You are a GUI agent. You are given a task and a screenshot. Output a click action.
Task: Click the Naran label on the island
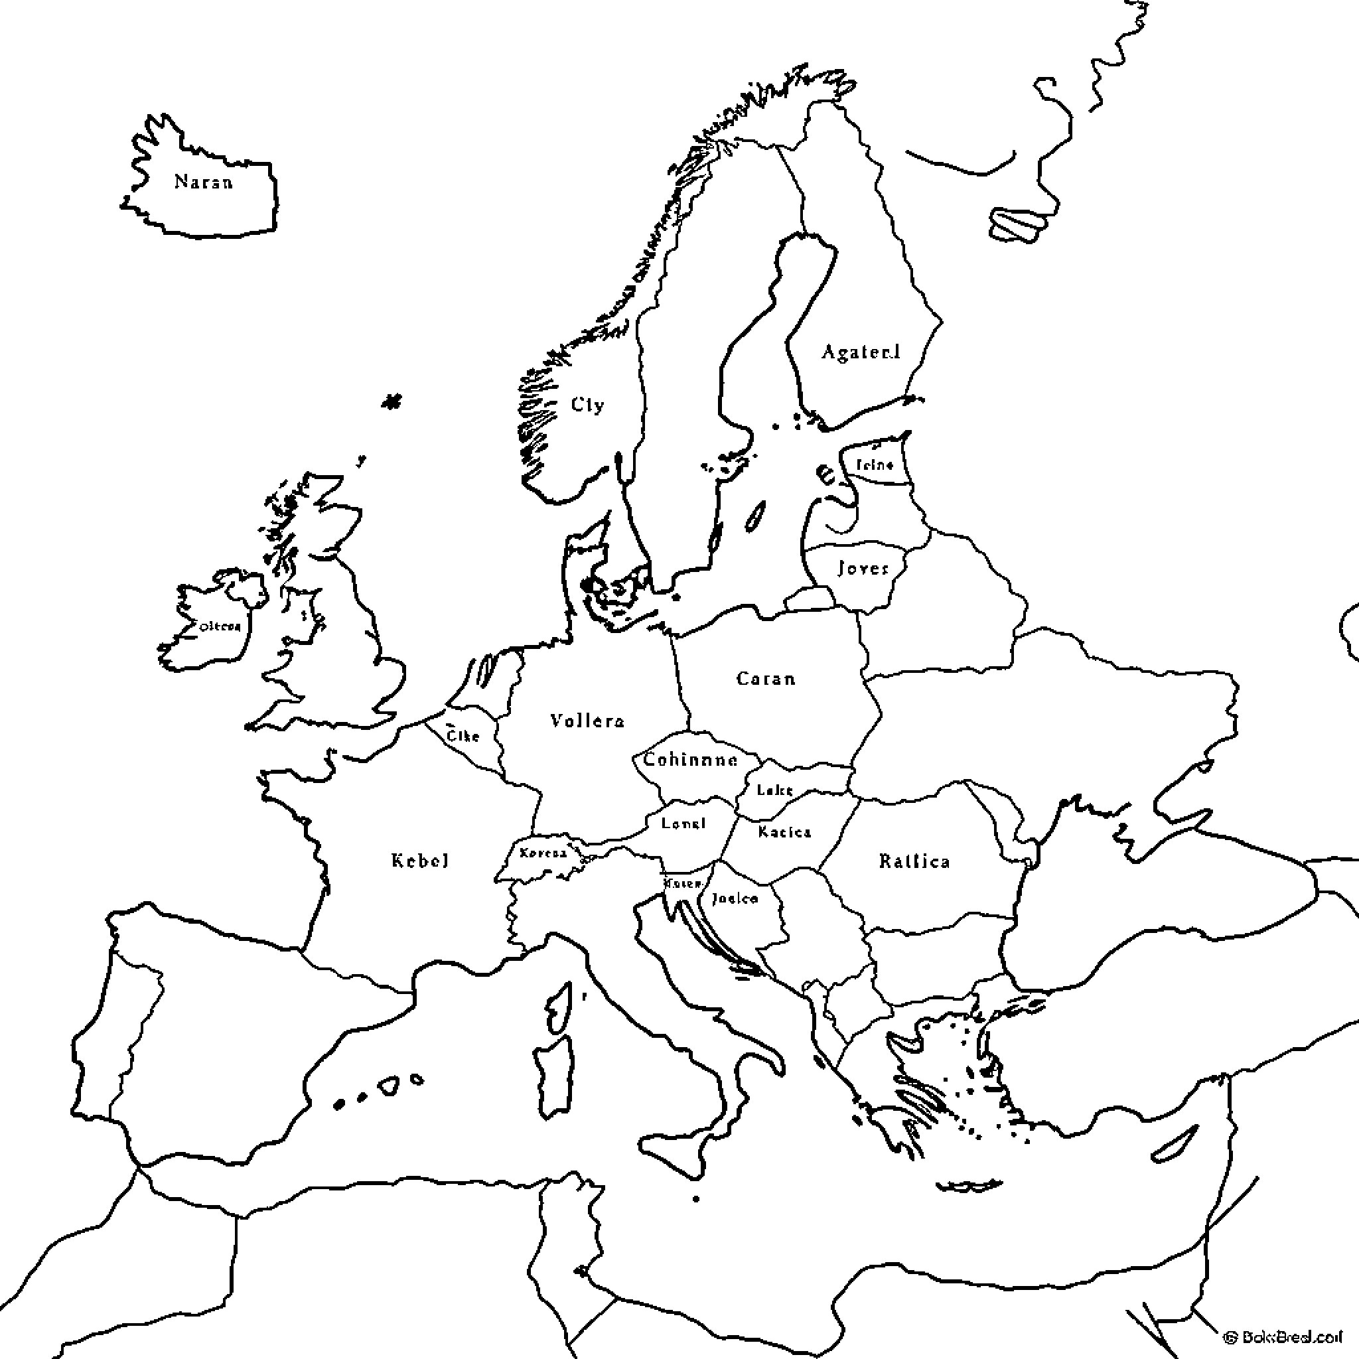pyautogui.click(x=203, y=182)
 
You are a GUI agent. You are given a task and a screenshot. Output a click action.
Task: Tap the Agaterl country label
pyautogui.click(x=861, y=352)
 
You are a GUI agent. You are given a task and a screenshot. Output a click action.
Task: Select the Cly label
pyautogui.click(x=587, y=405)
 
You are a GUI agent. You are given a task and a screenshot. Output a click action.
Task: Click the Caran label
pyautogui.click(x=766, y=679)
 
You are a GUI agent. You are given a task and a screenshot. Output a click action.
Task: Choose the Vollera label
pyautogui.click(x=587, y=720)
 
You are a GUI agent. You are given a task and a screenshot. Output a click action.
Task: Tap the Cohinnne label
pyautogui.click(x=690, y=760)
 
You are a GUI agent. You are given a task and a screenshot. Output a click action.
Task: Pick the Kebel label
pyautogui.click(x=420, y=860)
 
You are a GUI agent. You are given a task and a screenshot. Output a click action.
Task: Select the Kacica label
pyautogui.click(x=784, y=832)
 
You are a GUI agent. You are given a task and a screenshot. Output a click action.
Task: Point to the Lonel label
pyautogui.click(x=683, y=823)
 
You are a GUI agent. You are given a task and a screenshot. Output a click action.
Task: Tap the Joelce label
pyautogui.click(x=735, y=898)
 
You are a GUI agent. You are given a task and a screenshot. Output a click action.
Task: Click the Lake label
pyautogui.click(x=774, y=790)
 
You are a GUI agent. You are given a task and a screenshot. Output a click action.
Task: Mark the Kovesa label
pyautogui.click(x=543, y=853)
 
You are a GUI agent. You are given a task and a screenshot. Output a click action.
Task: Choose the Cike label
pyautogui.click(x=464, y=736)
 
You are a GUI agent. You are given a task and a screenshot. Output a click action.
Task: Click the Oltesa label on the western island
pyautogui.click(x=220, y=626)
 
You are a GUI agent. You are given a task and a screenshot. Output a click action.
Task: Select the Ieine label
pyautogui.click(x=875, y=465)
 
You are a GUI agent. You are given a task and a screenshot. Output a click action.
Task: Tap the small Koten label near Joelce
pyautogui.click(x=682, y=883)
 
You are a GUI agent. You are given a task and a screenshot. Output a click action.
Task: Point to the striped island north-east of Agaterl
pyautogui.click(x=1015, y=224)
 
